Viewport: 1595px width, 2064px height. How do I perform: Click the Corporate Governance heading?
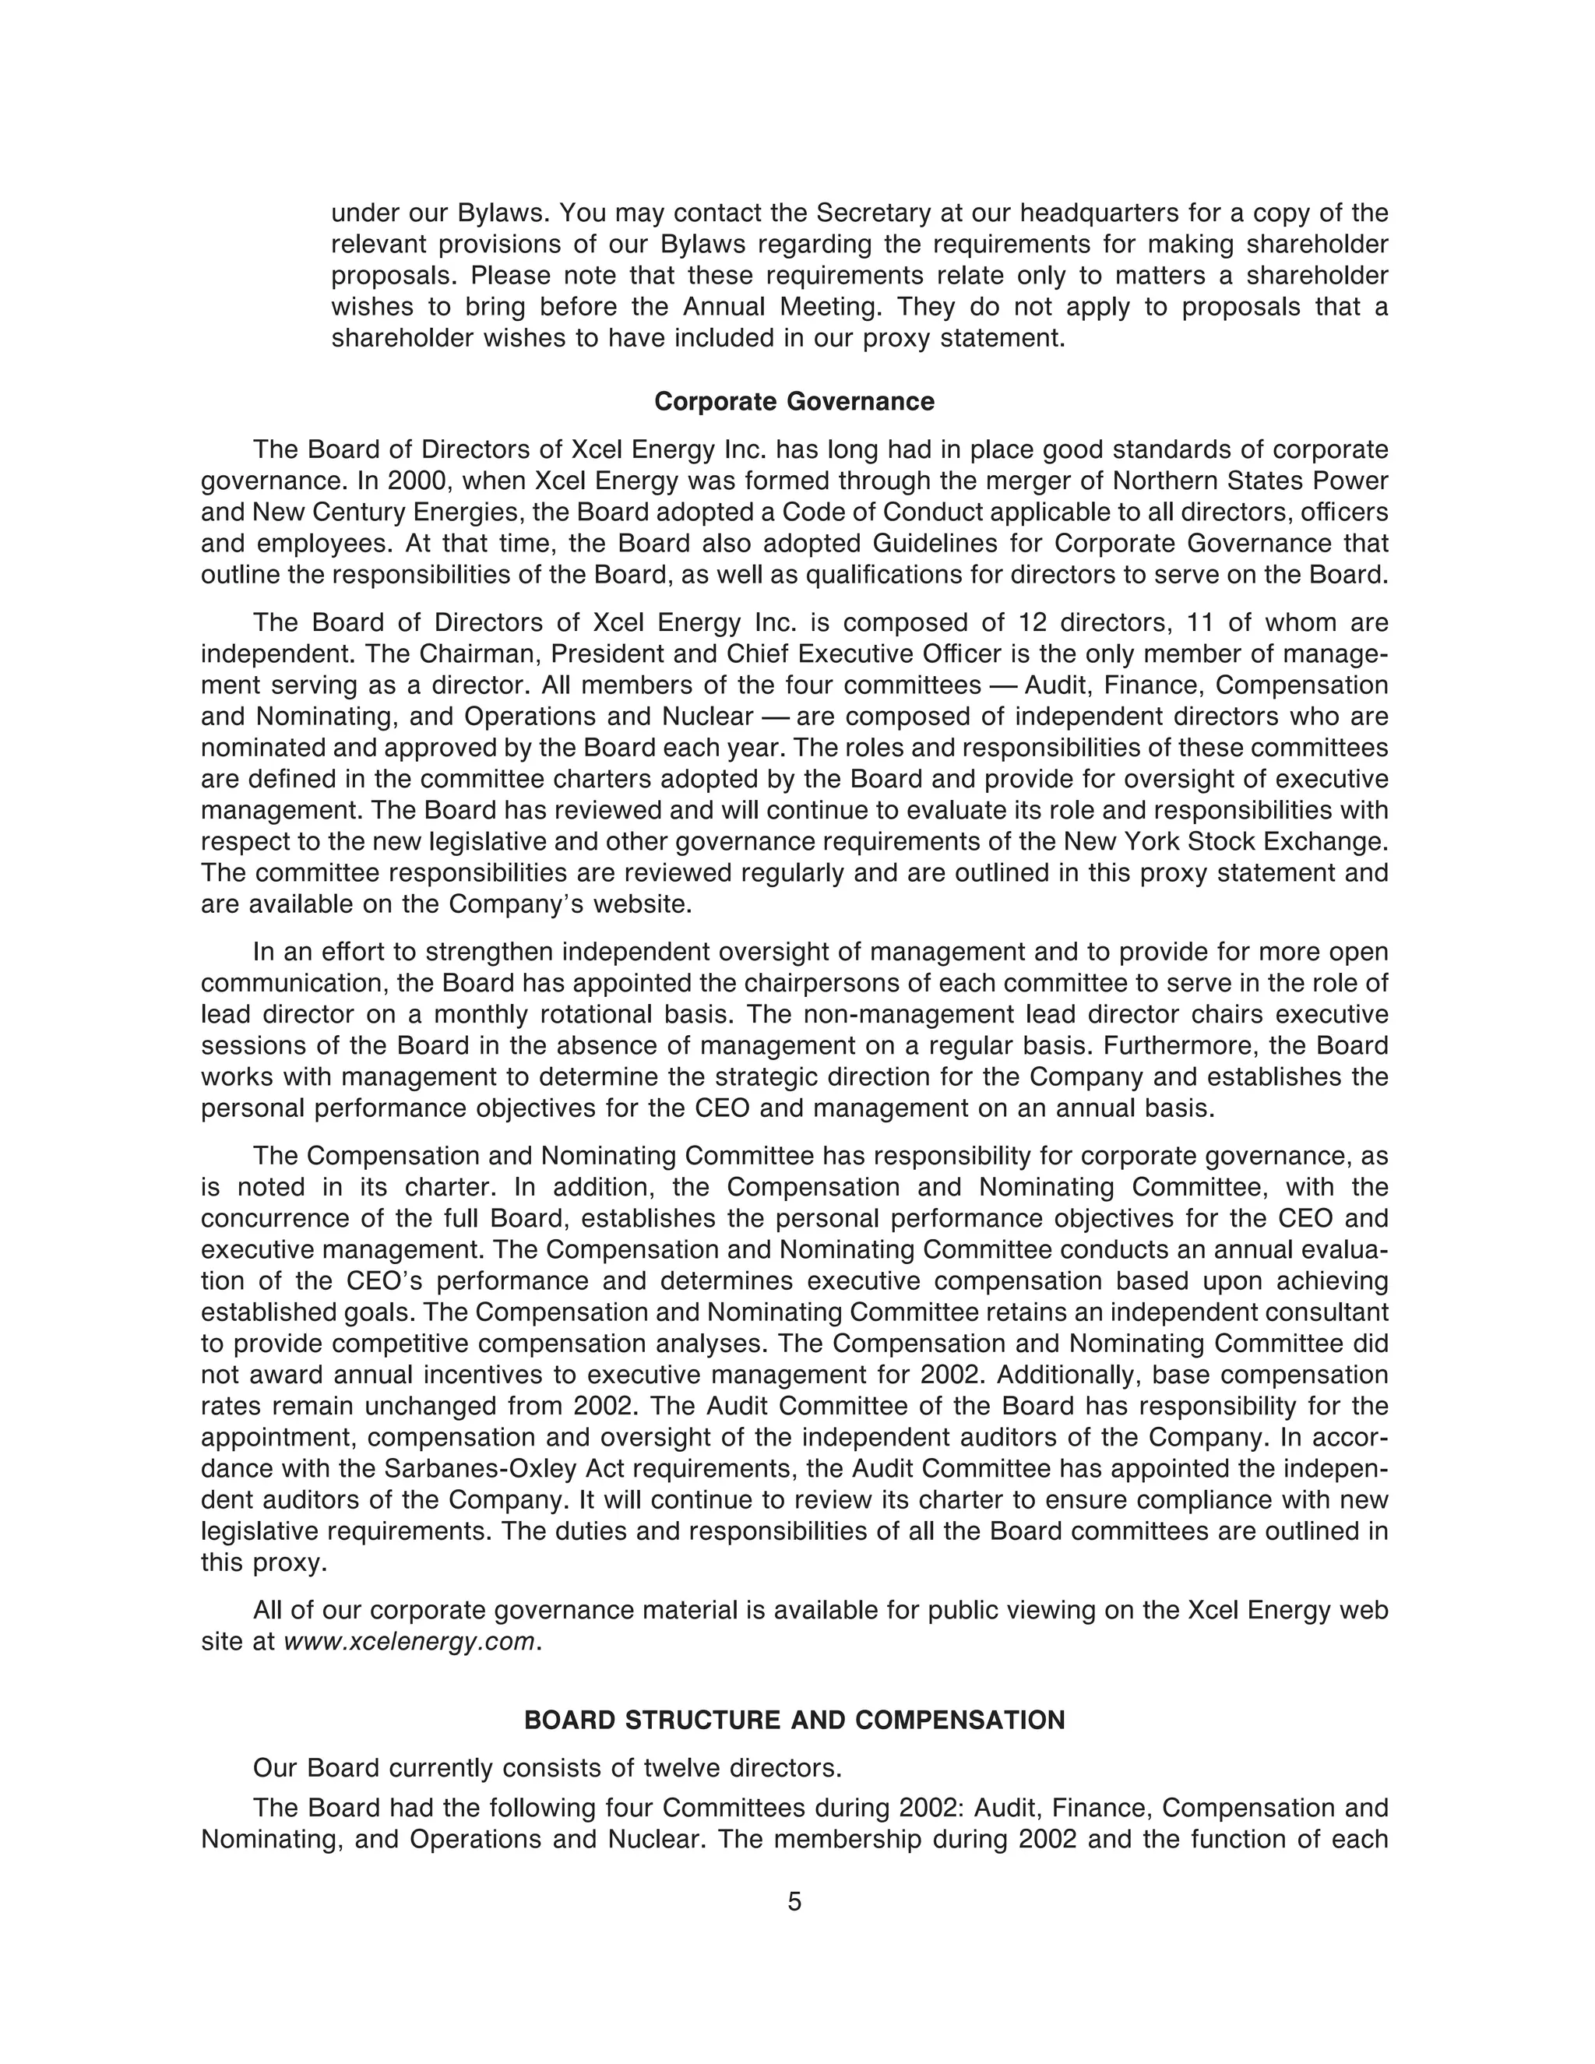[794, 402]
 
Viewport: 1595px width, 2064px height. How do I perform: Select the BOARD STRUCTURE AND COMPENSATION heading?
[794, 1720]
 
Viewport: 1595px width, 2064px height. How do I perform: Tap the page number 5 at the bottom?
[794, 1901]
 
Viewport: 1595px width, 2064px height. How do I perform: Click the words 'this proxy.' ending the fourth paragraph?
[264, 1563]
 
